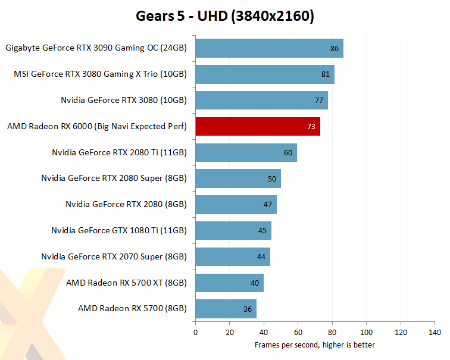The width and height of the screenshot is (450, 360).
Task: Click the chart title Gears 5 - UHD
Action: coord(224,16)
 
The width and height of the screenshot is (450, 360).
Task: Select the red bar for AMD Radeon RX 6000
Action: coord(257,127)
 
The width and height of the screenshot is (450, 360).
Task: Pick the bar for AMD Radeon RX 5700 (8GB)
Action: coord(226,309)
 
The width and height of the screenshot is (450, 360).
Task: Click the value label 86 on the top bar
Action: coord(334,48)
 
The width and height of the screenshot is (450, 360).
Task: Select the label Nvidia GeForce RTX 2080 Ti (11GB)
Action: coord(120,153)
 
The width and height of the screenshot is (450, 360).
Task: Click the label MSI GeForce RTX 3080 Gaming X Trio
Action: coord(100,74)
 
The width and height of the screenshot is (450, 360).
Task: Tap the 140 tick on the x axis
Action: coord(435,332)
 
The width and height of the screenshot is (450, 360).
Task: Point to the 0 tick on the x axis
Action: coord(195,332)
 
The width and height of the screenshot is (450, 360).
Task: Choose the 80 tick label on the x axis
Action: coord(332,332)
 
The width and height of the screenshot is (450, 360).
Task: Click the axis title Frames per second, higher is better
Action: coord(315,345)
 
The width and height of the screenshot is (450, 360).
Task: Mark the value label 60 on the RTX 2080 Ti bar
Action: coord(288,153)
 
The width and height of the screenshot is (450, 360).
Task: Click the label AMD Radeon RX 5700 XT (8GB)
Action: coord(126,283)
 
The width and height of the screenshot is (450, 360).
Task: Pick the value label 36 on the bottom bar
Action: coord(248,309)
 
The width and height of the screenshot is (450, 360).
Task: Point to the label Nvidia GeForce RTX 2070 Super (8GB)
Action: coord(114,256)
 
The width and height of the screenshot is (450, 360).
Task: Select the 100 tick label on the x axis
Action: coord(367,332)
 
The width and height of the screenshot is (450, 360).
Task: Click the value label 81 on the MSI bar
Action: coord(325,74)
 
